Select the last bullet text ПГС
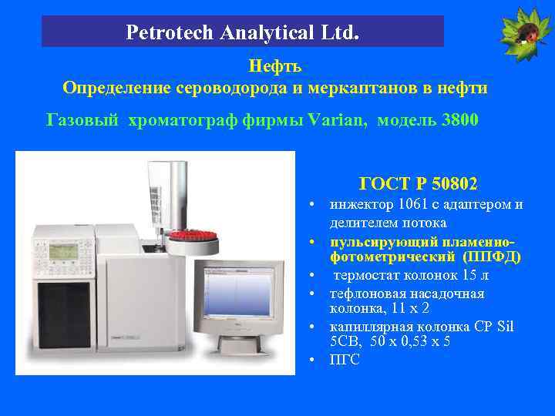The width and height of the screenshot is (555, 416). tap(345, 360)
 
